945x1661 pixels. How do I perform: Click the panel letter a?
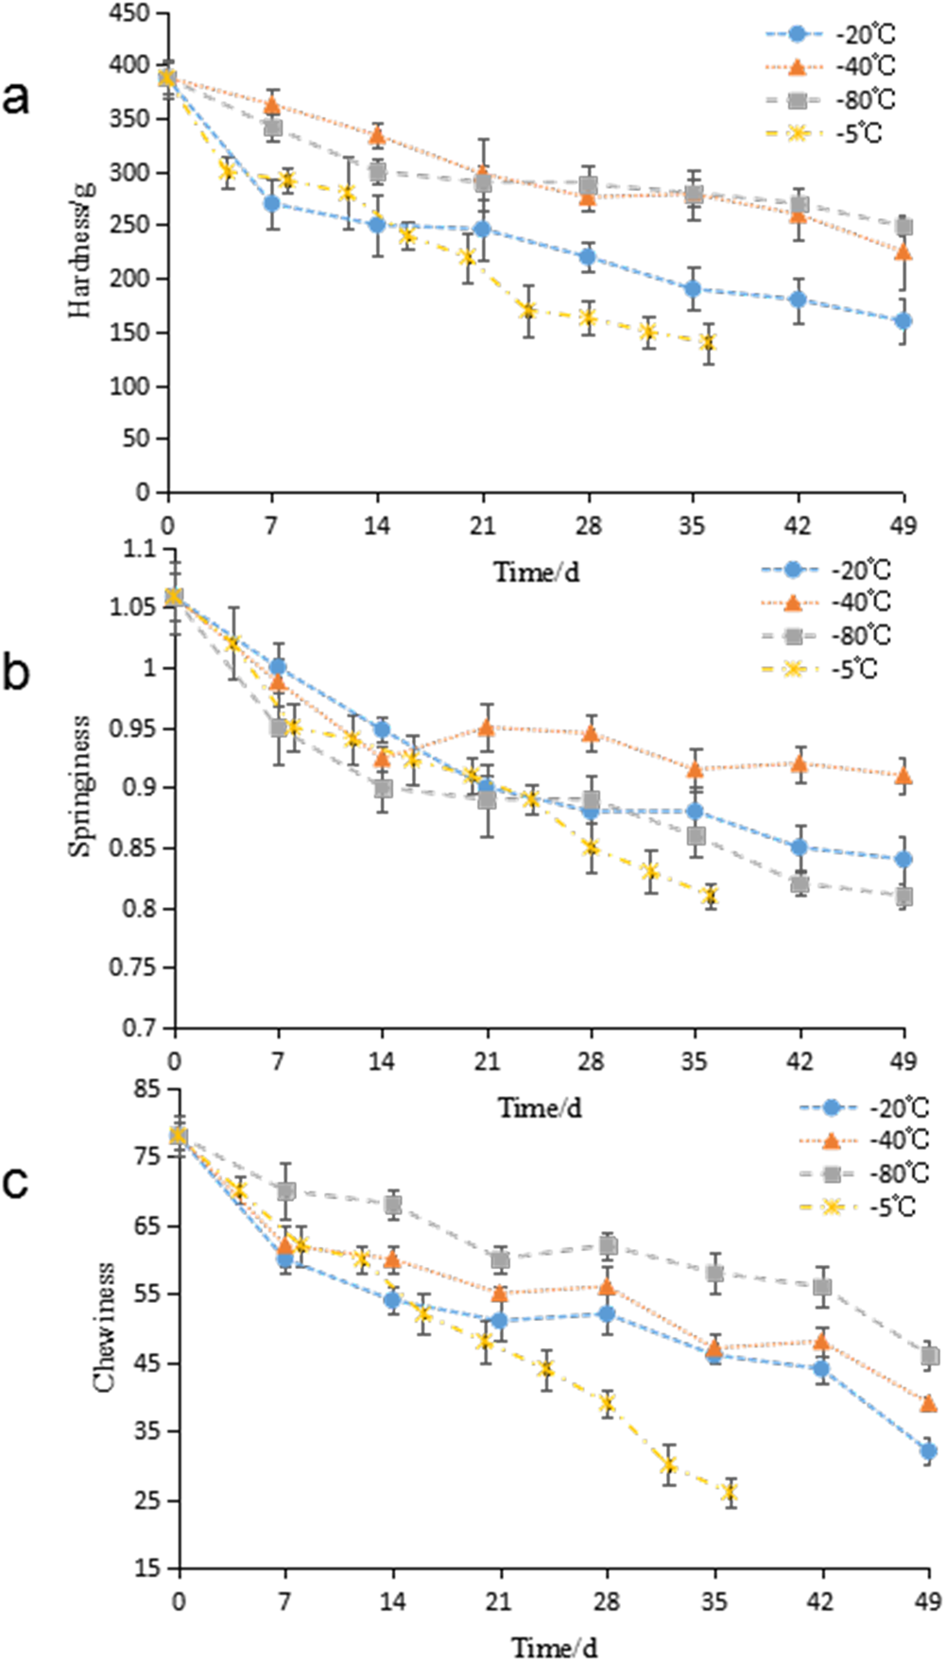16,97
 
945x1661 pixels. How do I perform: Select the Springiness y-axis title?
81,785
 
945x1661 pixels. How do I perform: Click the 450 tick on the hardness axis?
129,14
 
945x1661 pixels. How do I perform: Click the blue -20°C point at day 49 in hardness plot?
903,321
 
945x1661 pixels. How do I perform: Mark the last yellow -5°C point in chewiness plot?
729,1493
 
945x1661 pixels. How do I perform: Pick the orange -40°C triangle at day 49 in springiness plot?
903,776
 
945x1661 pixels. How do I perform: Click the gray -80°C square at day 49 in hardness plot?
903,227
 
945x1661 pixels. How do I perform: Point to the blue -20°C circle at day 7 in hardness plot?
272,203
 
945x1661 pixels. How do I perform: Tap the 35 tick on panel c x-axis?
714,1601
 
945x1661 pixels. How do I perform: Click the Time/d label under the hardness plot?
536,572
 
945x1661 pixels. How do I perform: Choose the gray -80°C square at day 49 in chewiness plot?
929,1357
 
